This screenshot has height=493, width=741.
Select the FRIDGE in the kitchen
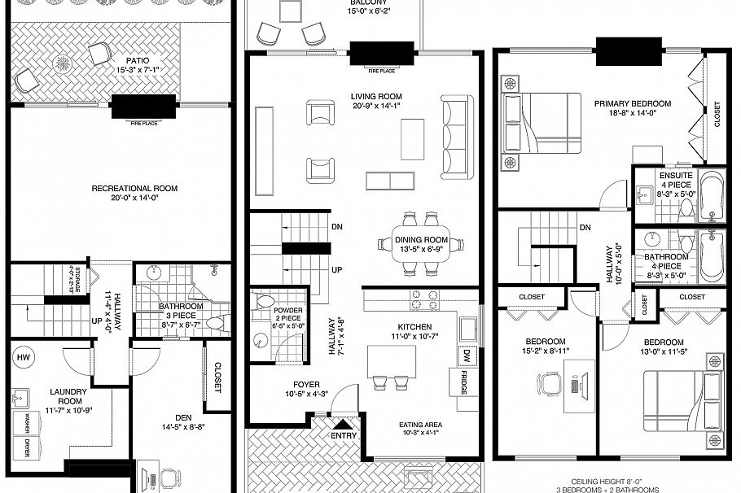point(463,383)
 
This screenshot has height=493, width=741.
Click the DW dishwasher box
point(467,355)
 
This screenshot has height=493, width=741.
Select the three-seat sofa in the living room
point(456,137)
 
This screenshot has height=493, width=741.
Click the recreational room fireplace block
point(143,107)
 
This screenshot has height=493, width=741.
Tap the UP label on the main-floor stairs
point(336,270)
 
